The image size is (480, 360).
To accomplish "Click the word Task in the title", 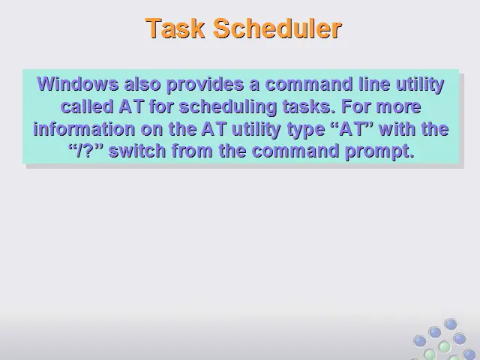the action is coord(175,28).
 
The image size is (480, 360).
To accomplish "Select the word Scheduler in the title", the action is coord(277,28).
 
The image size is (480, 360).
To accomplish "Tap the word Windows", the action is coord(78,84).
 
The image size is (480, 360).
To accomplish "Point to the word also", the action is coord(142,84).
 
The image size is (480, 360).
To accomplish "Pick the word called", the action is coord(87,106).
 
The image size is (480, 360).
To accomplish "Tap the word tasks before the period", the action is coord(307,106).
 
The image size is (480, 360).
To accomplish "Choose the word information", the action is coord(84,129).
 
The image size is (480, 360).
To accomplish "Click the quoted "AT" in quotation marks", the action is coord(352,128).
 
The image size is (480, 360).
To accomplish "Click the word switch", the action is coord(137,151).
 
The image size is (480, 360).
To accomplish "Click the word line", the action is coord(374,84).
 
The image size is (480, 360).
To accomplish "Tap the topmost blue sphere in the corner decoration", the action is coord(451,325).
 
